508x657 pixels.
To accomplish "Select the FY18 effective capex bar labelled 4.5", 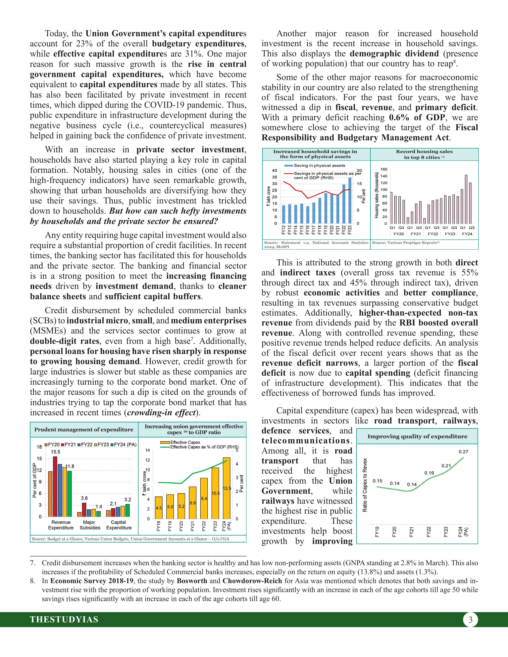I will (159, 507).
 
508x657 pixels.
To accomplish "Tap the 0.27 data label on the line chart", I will (463, 452).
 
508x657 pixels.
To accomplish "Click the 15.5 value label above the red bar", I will (55, 452).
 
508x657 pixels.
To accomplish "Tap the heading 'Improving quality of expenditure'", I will (417, 436).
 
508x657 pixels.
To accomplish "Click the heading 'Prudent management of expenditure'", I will (84, 430).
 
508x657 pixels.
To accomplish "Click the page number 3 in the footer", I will (470, 620).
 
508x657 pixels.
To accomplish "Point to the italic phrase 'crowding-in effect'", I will (161, 413).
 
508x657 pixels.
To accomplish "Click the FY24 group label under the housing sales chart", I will (467, 234).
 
